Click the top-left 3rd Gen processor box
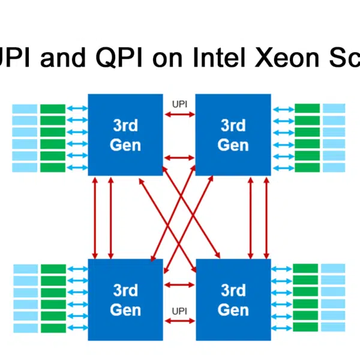point(125,135)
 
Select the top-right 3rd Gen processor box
point(233,135)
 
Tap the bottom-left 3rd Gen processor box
point(125,300)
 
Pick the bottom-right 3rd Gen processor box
point(233,300)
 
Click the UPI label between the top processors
point(179,104)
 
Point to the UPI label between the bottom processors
point(179,311)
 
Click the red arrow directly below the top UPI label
point(179,114)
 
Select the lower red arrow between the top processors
point(179,158)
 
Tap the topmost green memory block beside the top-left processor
point(53,109)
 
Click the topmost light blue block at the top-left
point(25,109)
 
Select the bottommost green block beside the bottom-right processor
point(305,327)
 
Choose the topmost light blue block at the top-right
point(334,109)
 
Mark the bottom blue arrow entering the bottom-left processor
point(77,327)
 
